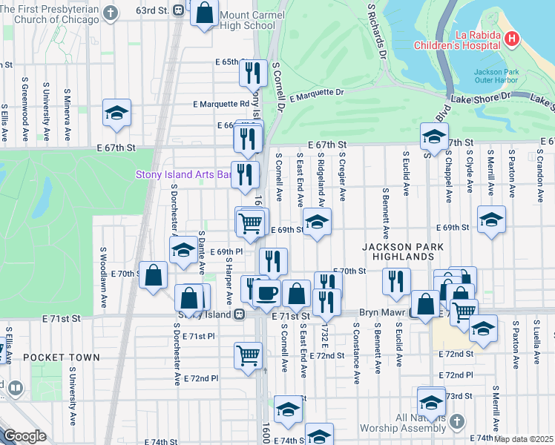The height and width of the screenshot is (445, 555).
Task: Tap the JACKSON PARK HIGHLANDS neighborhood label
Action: click(398, 251)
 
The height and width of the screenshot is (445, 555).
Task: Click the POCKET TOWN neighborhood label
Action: click(61, 357)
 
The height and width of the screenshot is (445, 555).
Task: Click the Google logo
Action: click(24, 437)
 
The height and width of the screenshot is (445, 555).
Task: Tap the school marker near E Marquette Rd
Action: click(117, 113)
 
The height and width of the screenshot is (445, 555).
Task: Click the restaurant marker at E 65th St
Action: click(255, 73)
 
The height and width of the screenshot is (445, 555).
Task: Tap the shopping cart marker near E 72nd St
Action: click(248, 355)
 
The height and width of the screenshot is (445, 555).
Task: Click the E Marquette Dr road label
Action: click(317, 94)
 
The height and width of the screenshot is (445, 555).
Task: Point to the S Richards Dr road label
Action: click(378, 31)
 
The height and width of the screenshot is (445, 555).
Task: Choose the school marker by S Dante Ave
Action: click(183, 251)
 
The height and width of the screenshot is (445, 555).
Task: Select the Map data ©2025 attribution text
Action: click(524, 439)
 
